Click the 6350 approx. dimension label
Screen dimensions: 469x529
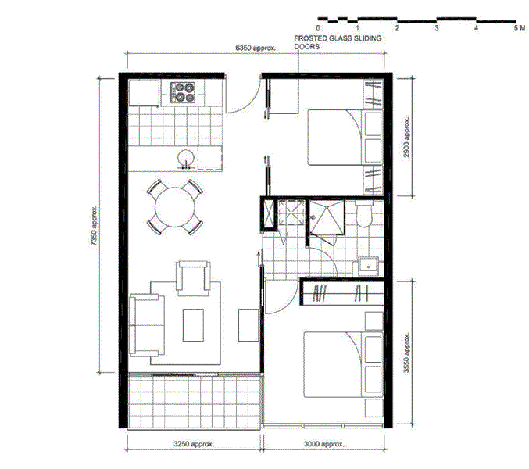(x=256, y=48)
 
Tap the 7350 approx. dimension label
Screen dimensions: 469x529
(x=95, y=227)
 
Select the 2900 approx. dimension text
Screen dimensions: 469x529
(x=406, y=139)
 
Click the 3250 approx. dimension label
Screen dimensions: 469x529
(x=194, y=443)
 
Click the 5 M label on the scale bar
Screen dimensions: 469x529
(x=519, y=27)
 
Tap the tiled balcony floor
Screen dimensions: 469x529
(x=192, y=400)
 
